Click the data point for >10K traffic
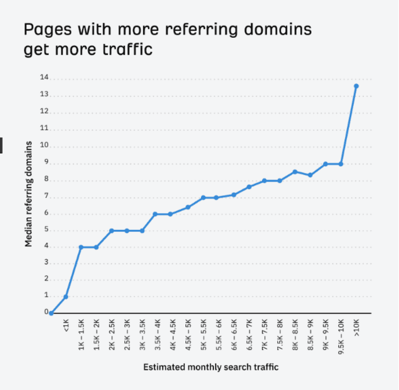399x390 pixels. click(x=356, y=86)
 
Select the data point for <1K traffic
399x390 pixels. click(x=66, y=297)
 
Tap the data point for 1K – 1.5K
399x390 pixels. click(x=81, y=247)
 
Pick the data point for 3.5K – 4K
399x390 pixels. click(x=155, y=214)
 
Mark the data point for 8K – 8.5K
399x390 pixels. click(x=295, y=172)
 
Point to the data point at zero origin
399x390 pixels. click(x=51, y=313)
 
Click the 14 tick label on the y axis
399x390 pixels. click(x=44, y=78)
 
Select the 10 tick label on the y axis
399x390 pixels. click(x=44, y=146)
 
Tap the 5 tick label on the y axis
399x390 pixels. click(x=46, y=230)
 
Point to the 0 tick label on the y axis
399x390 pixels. click(x=46, y=313)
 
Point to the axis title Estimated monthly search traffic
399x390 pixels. click(x=210, y=367)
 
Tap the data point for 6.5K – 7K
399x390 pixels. click(x=249, y=187)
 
